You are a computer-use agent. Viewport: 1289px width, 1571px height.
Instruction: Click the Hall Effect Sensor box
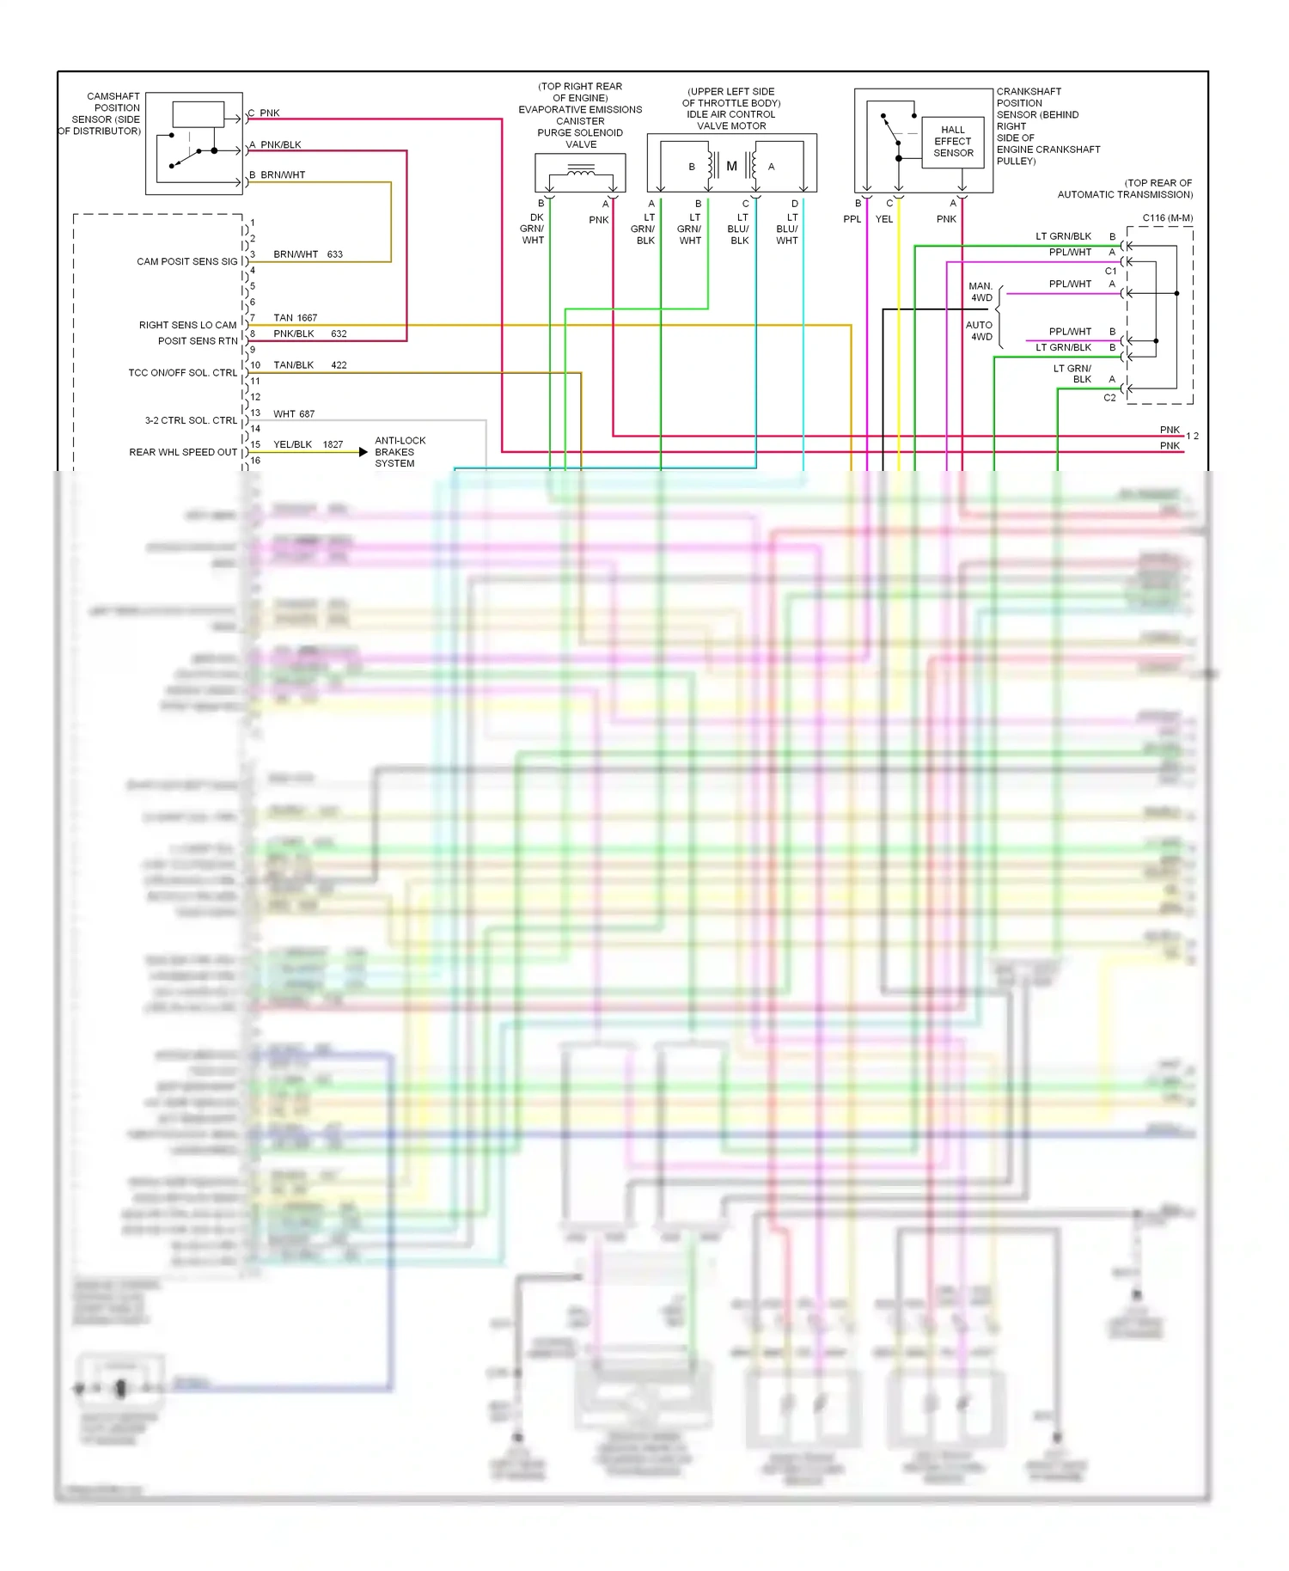tap(953, 142)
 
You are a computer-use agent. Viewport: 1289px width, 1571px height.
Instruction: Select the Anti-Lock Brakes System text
tap(400, 452)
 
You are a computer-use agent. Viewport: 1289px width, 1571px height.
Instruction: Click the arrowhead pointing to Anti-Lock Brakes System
tap(363, 452)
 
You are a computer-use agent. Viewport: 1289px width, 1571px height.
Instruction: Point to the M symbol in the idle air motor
tap(731, 166)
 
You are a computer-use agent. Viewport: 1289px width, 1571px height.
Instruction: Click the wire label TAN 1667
tap(295, 318)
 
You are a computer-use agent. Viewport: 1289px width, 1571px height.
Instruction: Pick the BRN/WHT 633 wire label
tap(308, 254)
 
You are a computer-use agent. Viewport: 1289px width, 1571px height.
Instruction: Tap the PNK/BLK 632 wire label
tap(309, 334)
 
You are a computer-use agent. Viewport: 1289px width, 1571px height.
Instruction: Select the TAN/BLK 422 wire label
tap(309, 365)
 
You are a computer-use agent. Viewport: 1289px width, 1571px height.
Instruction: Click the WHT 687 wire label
tap(294, 414)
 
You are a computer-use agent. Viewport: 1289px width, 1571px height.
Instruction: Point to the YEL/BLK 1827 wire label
tap(308, 445)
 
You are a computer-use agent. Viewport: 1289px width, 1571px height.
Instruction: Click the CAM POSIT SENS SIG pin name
tap(186, 261)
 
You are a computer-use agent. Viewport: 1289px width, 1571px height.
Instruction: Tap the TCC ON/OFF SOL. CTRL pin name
tap(182, 373)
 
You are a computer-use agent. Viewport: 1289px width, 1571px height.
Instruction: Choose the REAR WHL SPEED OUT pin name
tap(183, 452)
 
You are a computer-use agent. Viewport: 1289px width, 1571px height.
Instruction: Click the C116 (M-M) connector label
tap(1167, 218)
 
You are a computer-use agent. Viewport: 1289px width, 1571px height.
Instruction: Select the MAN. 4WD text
tap(980, 292)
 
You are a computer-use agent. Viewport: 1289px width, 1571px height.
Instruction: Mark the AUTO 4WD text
tap(979, 331)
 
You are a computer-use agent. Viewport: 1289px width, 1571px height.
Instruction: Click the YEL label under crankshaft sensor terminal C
tap(884, 219)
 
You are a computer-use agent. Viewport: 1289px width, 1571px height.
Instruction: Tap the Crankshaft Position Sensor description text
tap(1048, 126)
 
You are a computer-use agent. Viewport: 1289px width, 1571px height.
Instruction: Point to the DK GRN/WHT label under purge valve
tap(533, 229)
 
